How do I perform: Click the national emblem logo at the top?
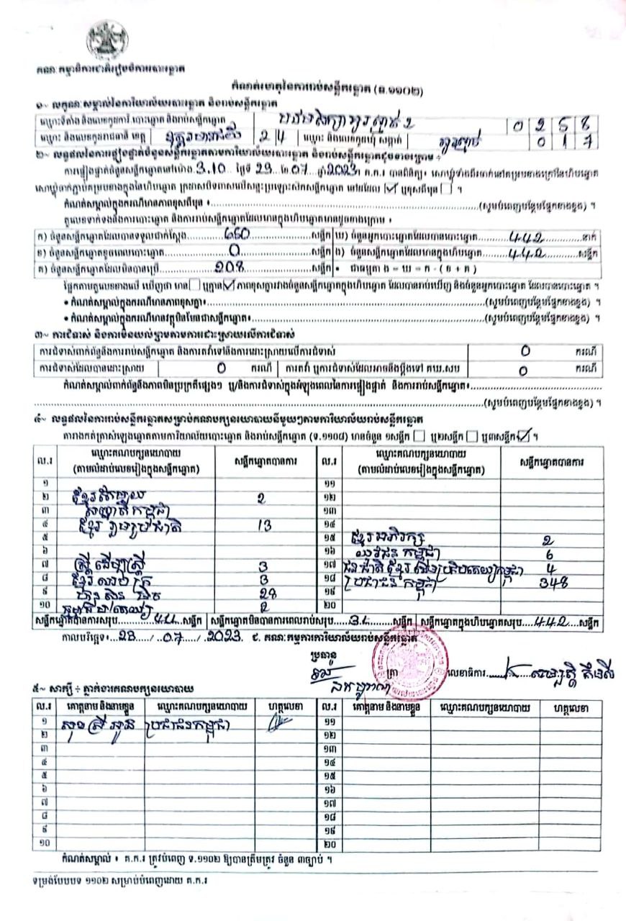click(107, 40)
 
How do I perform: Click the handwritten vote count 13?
click(262, 525)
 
